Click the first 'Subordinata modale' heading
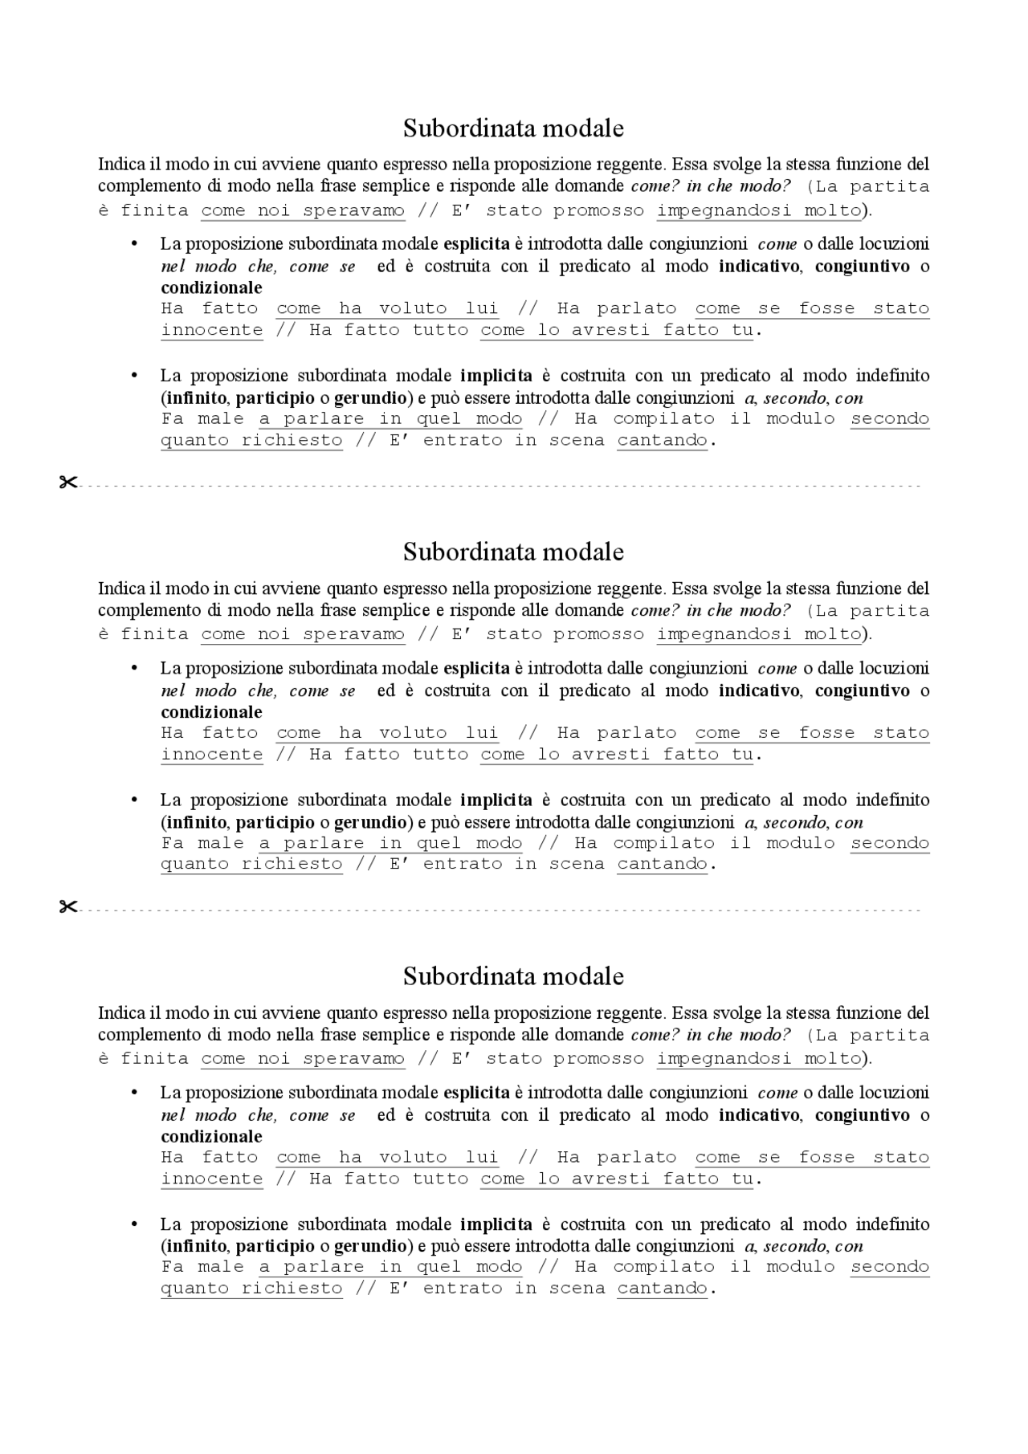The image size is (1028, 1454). (513, 128)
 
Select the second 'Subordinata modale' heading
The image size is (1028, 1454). (513, 552)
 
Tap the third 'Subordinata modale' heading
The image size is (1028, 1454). (513, 976)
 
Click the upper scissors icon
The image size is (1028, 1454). (67, 483)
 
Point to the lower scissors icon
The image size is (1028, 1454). (67, 907)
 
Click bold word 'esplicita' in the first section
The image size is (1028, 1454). (476, 244)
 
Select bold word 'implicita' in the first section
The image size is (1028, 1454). (496, 376)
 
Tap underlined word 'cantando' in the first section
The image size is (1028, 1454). (662, 440)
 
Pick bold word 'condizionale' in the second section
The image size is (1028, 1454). (211, 712)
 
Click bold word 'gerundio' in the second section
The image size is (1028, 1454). (370, 822)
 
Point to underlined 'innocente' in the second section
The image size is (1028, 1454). (211, 755)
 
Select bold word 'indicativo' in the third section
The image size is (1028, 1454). (759, 1115)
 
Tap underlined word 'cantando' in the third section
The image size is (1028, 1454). (662, 1289)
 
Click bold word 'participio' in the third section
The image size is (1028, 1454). (275, 1247)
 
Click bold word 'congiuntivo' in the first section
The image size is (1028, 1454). (863, 267)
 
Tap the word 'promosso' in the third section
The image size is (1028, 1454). (598, 1059)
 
